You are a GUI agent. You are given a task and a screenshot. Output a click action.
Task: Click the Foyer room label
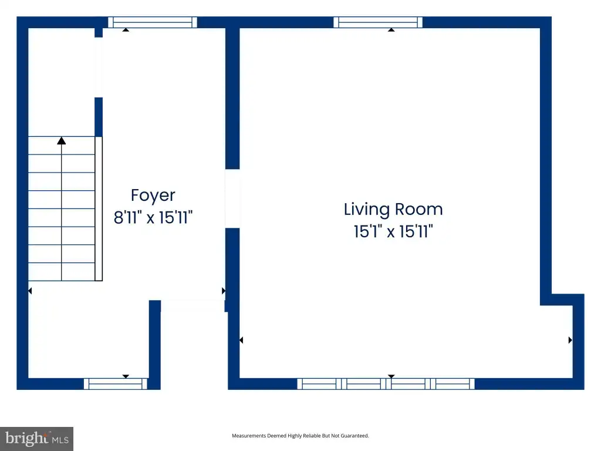(153, 196)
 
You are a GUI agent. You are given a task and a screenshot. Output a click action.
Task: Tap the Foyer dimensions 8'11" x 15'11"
(153, 217)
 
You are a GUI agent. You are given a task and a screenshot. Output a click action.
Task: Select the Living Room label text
(393, 210)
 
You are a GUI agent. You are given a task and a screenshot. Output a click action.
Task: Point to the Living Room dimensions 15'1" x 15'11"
(393, 231)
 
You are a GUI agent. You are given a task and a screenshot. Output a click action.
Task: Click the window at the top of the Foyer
(153, 22)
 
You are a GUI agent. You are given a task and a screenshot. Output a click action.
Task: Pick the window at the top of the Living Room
(378, 22)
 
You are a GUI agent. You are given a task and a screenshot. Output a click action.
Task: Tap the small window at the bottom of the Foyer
(116, 384)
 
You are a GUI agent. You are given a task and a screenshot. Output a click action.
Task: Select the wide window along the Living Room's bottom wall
(386, 384)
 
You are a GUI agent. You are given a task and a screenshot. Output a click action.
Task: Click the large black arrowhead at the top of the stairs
(61, 141)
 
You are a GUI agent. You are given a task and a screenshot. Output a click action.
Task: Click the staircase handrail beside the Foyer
(99, 208)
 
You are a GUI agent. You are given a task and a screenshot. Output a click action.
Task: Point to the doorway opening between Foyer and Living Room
(232, 198)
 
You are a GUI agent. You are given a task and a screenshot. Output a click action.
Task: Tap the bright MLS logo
(36, 439)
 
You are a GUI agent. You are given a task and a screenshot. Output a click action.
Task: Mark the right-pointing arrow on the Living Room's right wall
(570, 340)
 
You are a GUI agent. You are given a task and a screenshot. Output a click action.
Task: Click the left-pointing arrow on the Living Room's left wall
(241, 340)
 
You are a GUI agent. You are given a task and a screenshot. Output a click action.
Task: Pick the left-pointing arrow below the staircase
(30, 291)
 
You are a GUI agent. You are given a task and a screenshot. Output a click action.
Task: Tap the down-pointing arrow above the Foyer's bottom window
(126, 376)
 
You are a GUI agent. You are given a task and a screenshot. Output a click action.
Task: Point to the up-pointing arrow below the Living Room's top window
(391, 29)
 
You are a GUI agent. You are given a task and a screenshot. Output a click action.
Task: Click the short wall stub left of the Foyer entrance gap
(155, 345)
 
